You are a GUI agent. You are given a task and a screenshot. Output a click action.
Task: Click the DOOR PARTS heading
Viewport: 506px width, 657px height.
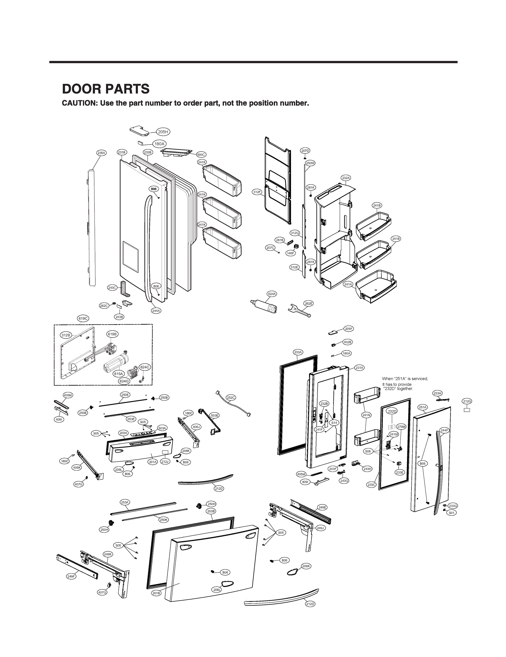105,89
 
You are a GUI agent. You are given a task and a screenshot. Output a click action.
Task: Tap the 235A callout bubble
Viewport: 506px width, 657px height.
101,153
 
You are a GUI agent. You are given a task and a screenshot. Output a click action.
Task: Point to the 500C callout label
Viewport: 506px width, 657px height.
201,155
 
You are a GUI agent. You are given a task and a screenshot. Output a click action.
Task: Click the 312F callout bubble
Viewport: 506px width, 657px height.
257,192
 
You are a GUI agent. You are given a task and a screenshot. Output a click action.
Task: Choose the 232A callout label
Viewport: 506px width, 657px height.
346,178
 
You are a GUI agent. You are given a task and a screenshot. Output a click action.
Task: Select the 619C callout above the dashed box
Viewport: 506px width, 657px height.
83,319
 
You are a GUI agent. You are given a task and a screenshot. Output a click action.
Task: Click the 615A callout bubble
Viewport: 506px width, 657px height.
118,374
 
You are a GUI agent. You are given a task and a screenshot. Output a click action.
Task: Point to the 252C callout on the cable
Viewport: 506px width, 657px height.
231,397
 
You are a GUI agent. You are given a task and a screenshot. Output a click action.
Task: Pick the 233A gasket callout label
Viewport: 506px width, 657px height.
298,352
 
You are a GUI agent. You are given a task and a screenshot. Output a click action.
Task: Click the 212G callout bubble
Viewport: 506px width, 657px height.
467,401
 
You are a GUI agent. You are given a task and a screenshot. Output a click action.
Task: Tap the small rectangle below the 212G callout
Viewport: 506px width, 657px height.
467,410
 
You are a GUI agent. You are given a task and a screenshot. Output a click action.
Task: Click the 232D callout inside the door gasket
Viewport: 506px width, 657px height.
392,411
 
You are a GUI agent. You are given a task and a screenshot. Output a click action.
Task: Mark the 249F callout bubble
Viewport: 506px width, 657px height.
71,576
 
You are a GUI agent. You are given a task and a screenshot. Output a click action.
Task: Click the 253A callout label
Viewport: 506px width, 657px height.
125,502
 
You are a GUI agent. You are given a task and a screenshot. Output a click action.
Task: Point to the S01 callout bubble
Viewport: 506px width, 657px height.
451,513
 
